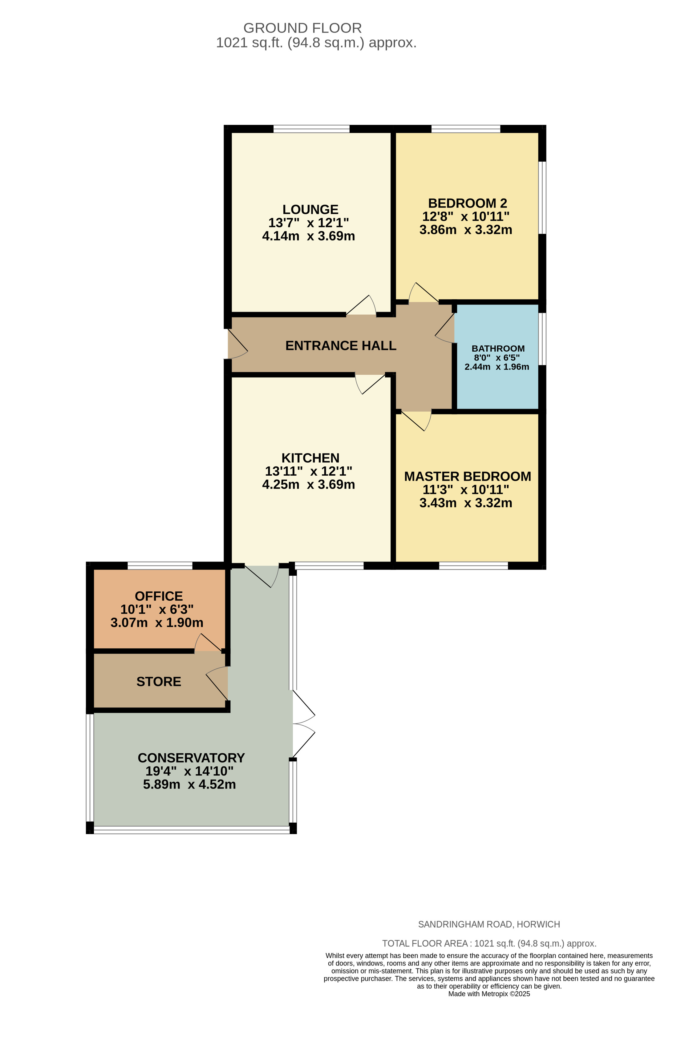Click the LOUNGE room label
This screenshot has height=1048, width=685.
click(308, 208)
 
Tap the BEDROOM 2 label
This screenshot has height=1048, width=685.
click(464, 202)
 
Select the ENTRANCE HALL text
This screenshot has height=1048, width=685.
click(338, 343)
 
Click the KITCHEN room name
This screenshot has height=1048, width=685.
click(308, 454)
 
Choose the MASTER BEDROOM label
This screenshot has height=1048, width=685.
click(464, 473)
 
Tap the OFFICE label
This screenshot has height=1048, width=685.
click(157, 591)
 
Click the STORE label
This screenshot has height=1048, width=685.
click(157, 676)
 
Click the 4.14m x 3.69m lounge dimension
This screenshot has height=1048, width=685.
click(306, 234)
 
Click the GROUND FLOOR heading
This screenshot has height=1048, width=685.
click(300, 28)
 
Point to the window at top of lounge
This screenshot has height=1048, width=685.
click(309, 128)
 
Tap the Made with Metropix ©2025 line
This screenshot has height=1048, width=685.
click(485, 994)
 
